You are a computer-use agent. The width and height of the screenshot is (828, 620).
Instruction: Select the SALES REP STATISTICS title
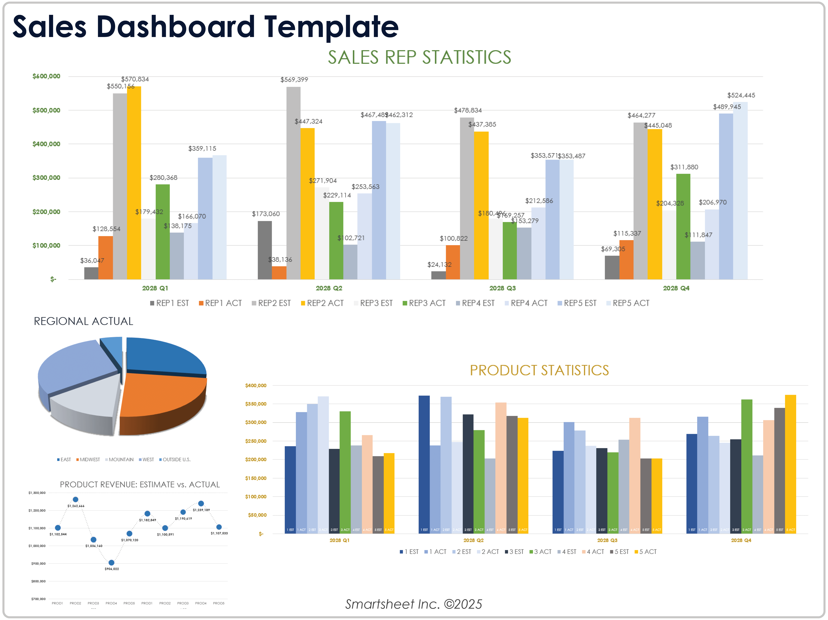point(419,57)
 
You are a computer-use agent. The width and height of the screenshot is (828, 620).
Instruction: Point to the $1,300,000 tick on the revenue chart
point(37,493)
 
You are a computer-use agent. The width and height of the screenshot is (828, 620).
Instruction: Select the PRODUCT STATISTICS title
point(539,370)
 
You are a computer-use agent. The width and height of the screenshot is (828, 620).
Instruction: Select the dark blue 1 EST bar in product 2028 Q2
point(424,464)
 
